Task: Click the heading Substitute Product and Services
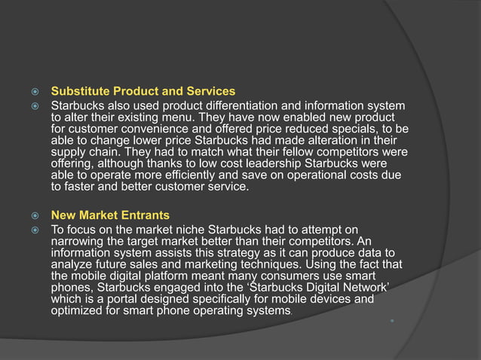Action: coord(142,92)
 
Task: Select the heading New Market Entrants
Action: coord(109,216)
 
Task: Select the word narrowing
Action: coord(75,241)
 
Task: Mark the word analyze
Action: coord(71,264)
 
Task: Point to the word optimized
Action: coord(77,311)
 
